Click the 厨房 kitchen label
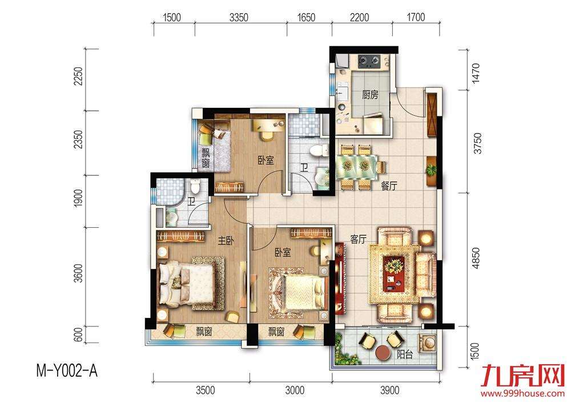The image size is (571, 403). (370, 95)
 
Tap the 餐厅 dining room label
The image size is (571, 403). (388, 186)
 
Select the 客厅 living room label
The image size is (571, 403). (358, 239)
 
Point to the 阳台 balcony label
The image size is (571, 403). (405, 354)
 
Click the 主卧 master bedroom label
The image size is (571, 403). (226, 241)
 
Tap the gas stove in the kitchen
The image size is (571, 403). (369, 61)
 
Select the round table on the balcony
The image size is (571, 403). (383, 352)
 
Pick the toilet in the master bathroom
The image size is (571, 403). (196, 186)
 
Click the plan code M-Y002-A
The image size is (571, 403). (67, 372)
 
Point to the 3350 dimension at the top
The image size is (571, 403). (239, 17)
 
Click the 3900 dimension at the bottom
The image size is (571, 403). (389, 390)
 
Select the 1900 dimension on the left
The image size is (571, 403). (78, 199)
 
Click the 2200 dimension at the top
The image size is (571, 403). (359, 17)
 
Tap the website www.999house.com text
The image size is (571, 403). (522, 393)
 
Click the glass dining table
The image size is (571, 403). (356, 166)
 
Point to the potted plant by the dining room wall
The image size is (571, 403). (432, 170)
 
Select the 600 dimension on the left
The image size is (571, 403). (78, 335)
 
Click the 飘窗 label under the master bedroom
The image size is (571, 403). (204, 332)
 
